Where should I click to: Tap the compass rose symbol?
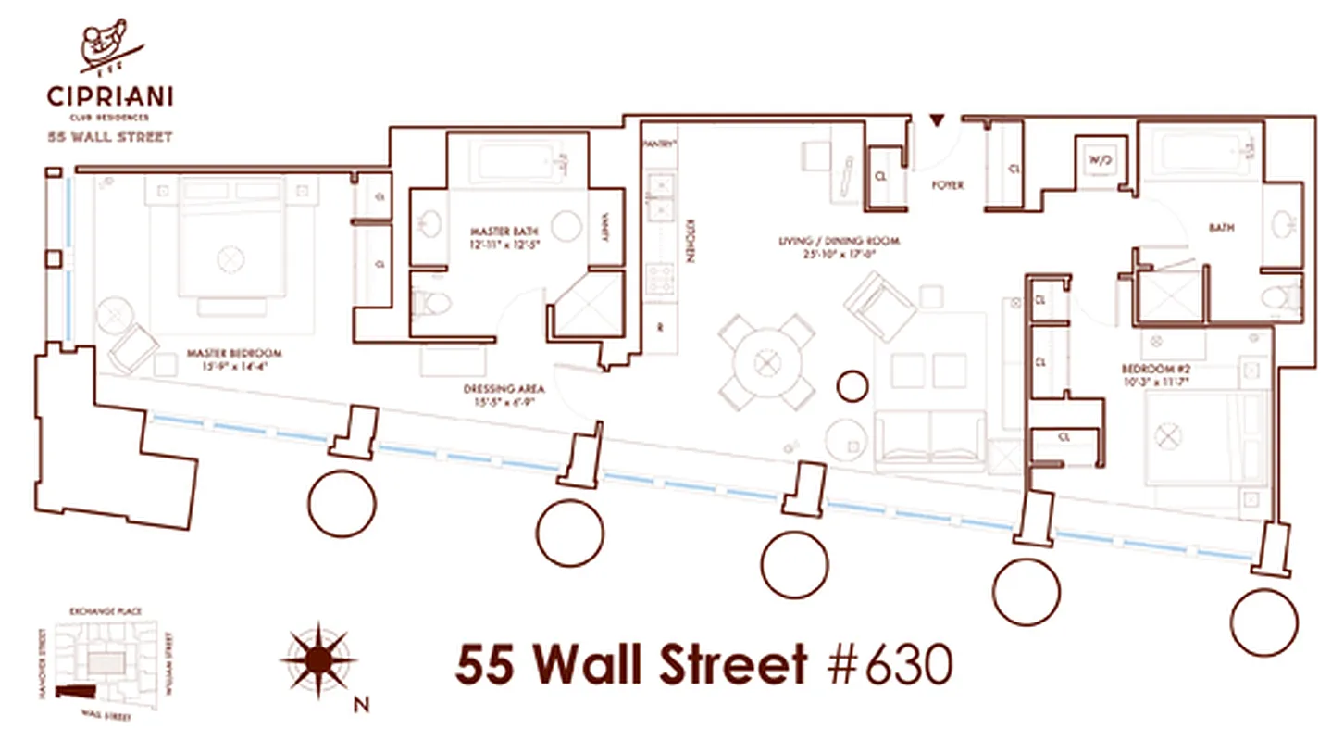[x=318, y=659]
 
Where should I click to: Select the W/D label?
[x=1100, y=160]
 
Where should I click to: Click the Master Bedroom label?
[x=233, y=358]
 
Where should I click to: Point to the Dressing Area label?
[x=504, y=395]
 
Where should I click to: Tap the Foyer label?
[x=947, y=185]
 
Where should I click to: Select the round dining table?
[x=767, y=361]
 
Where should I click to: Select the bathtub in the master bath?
[x=520, y=162]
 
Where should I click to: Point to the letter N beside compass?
[x=362, y=706]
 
